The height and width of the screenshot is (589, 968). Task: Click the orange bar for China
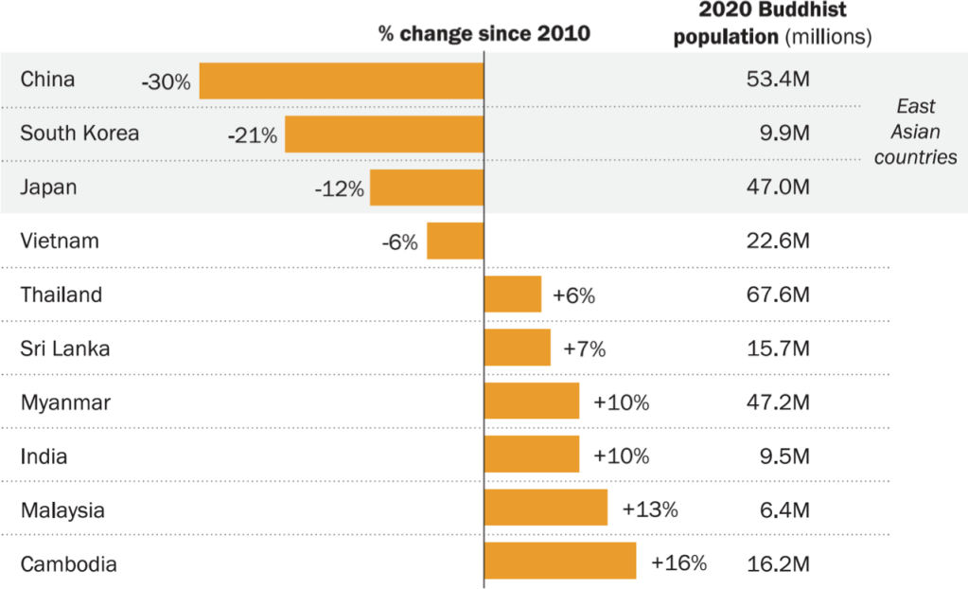tap(341, 80)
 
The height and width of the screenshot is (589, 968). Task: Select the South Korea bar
tap(384, 134)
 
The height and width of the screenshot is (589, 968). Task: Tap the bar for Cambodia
tap(559, 561)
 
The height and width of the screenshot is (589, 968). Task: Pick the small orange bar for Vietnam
tap(455, 241)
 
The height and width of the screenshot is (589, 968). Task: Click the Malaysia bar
tap(545, 508)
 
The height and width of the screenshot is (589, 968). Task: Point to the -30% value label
tap(166, 82)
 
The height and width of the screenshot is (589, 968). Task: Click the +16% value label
tap(678, 562)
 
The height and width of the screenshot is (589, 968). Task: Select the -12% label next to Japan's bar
tap(339, 189)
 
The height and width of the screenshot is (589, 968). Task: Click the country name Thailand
tap(62, 294)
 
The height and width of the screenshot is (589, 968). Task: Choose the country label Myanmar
tap(65, 402)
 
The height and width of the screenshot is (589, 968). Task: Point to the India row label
tap(44, 456)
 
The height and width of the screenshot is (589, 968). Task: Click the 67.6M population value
tap(778, 294)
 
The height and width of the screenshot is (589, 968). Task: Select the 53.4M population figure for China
tap(778, 80)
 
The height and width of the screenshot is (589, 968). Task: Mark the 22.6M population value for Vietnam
tap(778, 241)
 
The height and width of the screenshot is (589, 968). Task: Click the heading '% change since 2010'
tap(484, 34)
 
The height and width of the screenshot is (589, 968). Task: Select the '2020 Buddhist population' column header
tap(785, 24)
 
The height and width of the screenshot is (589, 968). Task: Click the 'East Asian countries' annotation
tap(915, 133)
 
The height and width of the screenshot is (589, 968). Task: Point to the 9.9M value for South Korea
tap(783, 134)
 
